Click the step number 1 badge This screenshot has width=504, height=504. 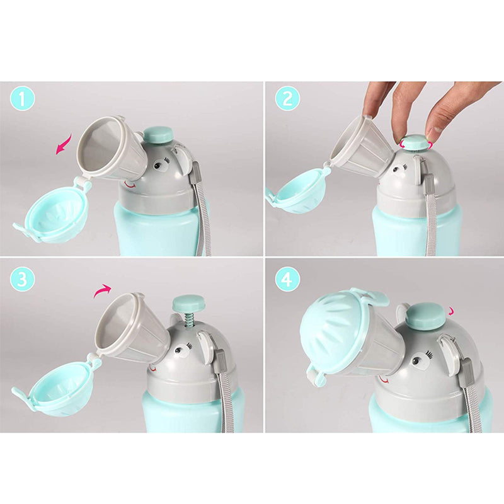point(22,99)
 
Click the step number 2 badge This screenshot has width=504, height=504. point(287,99)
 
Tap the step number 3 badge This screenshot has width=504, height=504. point(22,279)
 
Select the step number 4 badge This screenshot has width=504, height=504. point(287,279)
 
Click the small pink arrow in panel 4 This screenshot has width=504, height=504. point(452,311)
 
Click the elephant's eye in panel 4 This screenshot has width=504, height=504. point(416,360)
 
